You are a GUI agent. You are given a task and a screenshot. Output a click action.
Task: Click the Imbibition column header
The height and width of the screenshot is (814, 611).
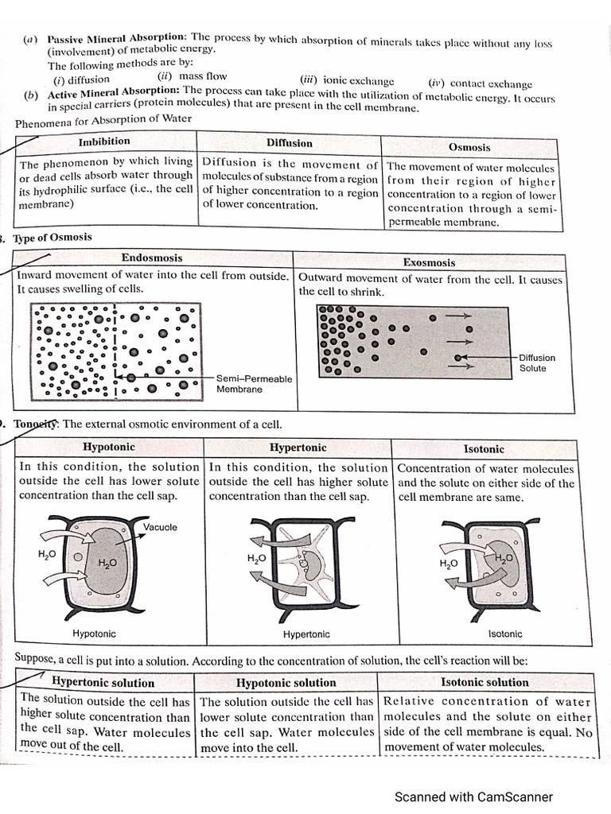point(104,141)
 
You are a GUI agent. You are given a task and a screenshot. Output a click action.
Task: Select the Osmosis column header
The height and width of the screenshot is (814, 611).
point(469,147)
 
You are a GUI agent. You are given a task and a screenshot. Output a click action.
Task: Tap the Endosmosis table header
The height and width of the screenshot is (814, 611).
point(151,258)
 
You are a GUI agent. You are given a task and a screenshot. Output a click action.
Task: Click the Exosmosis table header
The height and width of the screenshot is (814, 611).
point(429,262)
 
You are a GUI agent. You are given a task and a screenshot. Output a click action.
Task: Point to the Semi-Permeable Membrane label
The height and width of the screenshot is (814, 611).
point(254,384)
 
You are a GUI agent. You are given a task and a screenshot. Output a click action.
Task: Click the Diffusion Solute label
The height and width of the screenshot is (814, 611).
point(537,363)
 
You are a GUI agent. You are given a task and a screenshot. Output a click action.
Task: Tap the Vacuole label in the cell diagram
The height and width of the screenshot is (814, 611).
point(161,527)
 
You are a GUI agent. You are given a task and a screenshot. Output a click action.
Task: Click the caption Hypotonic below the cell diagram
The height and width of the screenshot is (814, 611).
point(94,634)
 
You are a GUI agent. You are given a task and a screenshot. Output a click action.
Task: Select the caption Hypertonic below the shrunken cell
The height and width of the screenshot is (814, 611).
point(306,634)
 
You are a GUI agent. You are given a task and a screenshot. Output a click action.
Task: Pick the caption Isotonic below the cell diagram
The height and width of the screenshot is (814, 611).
point(505,634)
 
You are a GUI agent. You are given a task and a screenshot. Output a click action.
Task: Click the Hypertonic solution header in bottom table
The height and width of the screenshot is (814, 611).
point(103,682)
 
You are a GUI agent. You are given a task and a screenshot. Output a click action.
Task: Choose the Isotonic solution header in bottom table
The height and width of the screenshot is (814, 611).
point(485,682)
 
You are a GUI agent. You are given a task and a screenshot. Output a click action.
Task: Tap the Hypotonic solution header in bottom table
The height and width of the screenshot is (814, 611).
point(286,683)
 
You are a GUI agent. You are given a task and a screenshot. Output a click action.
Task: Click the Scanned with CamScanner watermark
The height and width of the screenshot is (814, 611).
point(473,797)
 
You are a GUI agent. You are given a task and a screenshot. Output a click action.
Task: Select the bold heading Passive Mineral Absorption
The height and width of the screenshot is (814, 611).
point(117,38)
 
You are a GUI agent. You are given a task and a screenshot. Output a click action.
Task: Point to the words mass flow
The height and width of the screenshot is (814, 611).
point(203,77)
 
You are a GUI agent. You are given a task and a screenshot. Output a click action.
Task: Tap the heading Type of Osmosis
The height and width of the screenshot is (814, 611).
point(52,237)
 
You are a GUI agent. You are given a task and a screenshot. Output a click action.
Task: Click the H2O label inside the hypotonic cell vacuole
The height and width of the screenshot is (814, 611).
point(107,563)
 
